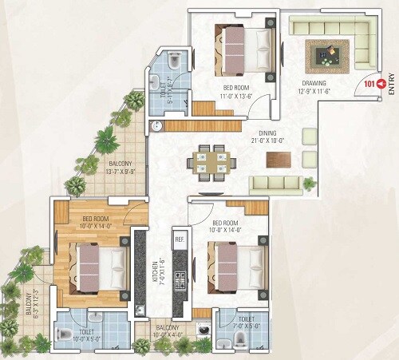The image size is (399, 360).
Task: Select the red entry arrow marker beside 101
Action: click(x=381, y=82)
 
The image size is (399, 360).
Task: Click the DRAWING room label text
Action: click(x=314, y=82)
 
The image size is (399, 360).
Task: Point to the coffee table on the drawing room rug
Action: click(x=327, y=55)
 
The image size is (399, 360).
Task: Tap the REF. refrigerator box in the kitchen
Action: click(x=180, y=239)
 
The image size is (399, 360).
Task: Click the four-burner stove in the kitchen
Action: click(x=180, y=281)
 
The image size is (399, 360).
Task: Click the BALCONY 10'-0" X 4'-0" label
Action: click(x=168, y=330)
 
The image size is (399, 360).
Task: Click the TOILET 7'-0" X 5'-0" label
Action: click(x=245, y=322)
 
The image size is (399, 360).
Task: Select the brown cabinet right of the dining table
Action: click(x=279, y=159)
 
